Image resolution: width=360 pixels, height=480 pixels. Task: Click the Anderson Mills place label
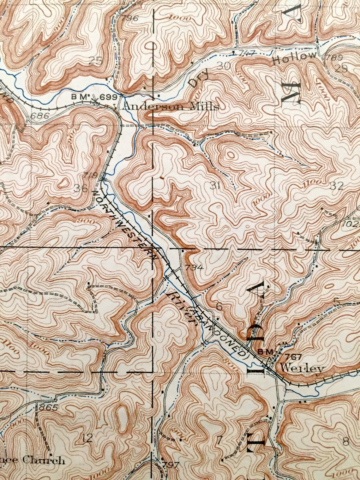click(x=171, y=107)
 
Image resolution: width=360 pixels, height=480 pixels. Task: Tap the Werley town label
click(x=302, y=368)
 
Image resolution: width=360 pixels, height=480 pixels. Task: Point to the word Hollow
click(x=294, y=58)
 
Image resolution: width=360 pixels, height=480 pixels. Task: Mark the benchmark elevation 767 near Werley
click(x=293, y=357)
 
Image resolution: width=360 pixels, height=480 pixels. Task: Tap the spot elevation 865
click(x=48, y=407)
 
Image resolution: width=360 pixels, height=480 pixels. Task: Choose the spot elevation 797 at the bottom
click(x=171, y=465)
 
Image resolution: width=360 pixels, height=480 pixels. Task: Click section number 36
click(x=81, y=189)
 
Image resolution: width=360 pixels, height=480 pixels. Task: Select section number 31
click(x=215, y=185)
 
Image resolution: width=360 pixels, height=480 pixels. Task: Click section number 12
click(x=87, y=438)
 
